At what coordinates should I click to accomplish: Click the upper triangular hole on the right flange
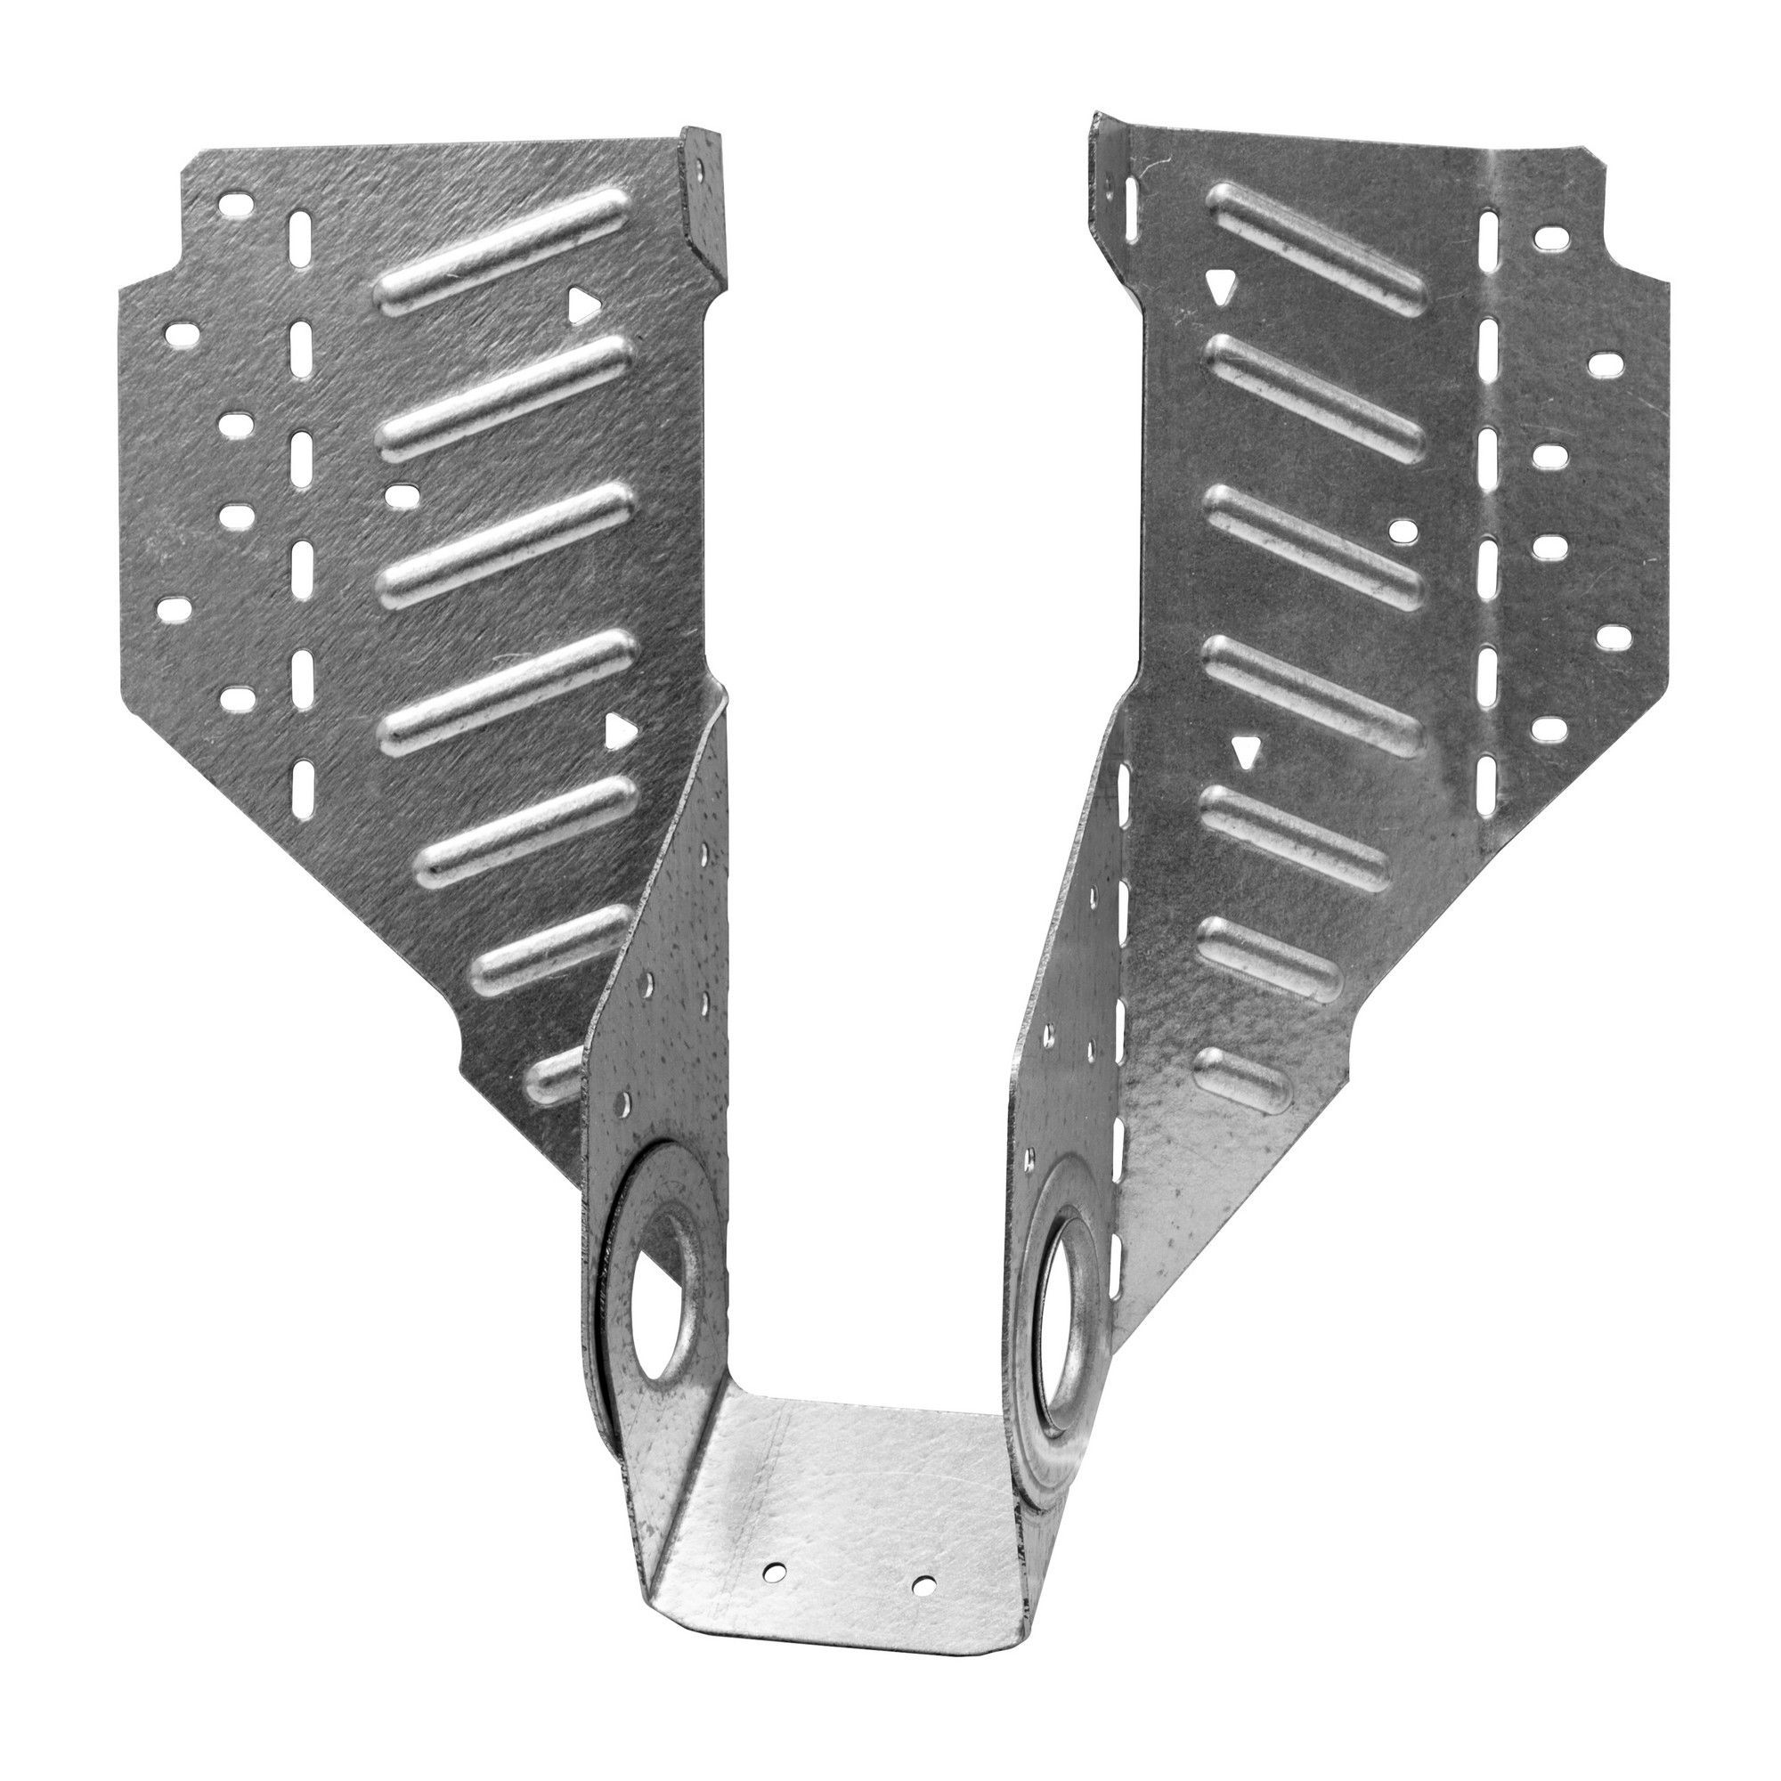pos(1220,289)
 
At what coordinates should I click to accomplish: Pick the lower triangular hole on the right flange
pos(1247,756)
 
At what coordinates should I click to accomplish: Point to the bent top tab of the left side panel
pos(704,199)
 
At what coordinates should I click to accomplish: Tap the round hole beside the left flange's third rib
pos(398,496)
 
